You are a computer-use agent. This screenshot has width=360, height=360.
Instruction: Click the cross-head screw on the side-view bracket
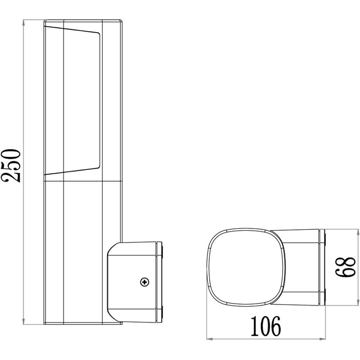coord(145,282)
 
